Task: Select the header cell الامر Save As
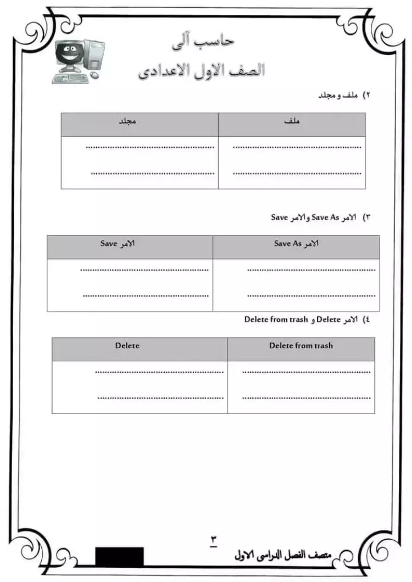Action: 296,244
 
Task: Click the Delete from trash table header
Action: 300,346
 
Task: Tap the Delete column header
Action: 127,346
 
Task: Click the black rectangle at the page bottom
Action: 119,556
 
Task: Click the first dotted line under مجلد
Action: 150,148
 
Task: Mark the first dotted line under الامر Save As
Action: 311,270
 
